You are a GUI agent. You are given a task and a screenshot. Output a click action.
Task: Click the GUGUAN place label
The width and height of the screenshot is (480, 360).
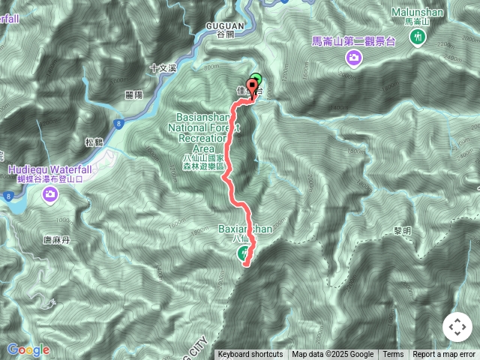click(223, 25)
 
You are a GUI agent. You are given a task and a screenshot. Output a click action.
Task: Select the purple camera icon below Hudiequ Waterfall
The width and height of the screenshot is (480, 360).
click(50, 196)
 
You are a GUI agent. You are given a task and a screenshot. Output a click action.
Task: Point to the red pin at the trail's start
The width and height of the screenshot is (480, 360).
click(252, 87)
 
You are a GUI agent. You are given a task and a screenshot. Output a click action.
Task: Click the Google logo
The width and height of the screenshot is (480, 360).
click(28, 349)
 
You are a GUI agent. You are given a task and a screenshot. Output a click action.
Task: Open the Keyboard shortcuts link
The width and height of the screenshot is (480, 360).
click(250, 355)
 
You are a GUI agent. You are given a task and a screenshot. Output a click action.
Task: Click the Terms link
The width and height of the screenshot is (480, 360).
click(393, 355)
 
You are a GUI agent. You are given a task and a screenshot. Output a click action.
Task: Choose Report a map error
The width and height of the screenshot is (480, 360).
click(445, 355)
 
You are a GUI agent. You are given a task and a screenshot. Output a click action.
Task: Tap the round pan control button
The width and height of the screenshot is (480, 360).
click(457, 328)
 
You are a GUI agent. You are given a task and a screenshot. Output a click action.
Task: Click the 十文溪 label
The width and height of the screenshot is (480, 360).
click(163, 67)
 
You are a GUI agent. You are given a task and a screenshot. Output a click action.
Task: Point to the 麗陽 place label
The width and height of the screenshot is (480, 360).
click(135, 95)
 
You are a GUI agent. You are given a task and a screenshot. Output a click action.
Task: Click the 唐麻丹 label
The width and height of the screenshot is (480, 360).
click(56, 240)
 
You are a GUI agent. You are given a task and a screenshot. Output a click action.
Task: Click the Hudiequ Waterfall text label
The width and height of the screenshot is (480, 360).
click(50, 169)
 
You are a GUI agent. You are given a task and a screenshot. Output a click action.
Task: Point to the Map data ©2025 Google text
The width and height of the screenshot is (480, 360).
click(332, 355)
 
